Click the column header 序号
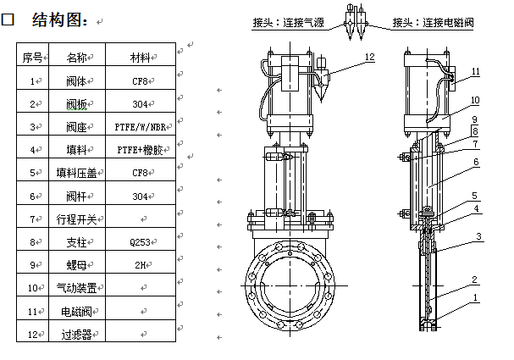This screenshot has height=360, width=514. coord(32,58)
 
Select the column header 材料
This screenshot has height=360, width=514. coord(140,58)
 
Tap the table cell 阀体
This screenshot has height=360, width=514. coord(75,81)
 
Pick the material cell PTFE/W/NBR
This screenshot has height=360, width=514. coord(141,127)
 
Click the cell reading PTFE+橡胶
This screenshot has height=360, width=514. coord(140,150)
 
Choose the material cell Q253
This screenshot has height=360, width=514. coord(140,242)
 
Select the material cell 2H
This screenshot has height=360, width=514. coord(140,265)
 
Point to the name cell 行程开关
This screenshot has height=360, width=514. coord(75,219)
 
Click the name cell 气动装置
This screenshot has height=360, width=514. coord(75,288)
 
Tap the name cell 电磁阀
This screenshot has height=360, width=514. coord(75,312)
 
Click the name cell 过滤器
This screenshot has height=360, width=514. coord(75,335)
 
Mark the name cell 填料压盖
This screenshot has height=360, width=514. coord(75,174)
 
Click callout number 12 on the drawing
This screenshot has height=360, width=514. coord(368,58)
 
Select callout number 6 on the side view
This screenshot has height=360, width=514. coord(476,162)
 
